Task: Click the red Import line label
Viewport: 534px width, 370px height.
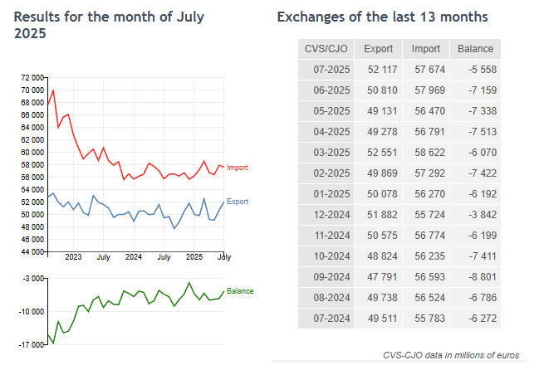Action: [x=237, y=168]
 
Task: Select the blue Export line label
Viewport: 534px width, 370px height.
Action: [x=237, y=202]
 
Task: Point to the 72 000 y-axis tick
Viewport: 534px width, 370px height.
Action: [x=32, y=77]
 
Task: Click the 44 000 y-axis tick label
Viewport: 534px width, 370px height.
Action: [x=32, y=251]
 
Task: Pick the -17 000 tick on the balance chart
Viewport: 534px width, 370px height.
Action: [x=31, y=343]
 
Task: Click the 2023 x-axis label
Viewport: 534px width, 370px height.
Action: [x=72, y=257]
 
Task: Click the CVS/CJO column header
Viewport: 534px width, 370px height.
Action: [x=326, y=49]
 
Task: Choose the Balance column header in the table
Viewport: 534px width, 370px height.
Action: [x=475, y=49]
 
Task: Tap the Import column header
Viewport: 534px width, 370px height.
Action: [x=426, y=49]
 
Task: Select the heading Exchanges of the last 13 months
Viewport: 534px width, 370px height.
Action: [x=382, y=17]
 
